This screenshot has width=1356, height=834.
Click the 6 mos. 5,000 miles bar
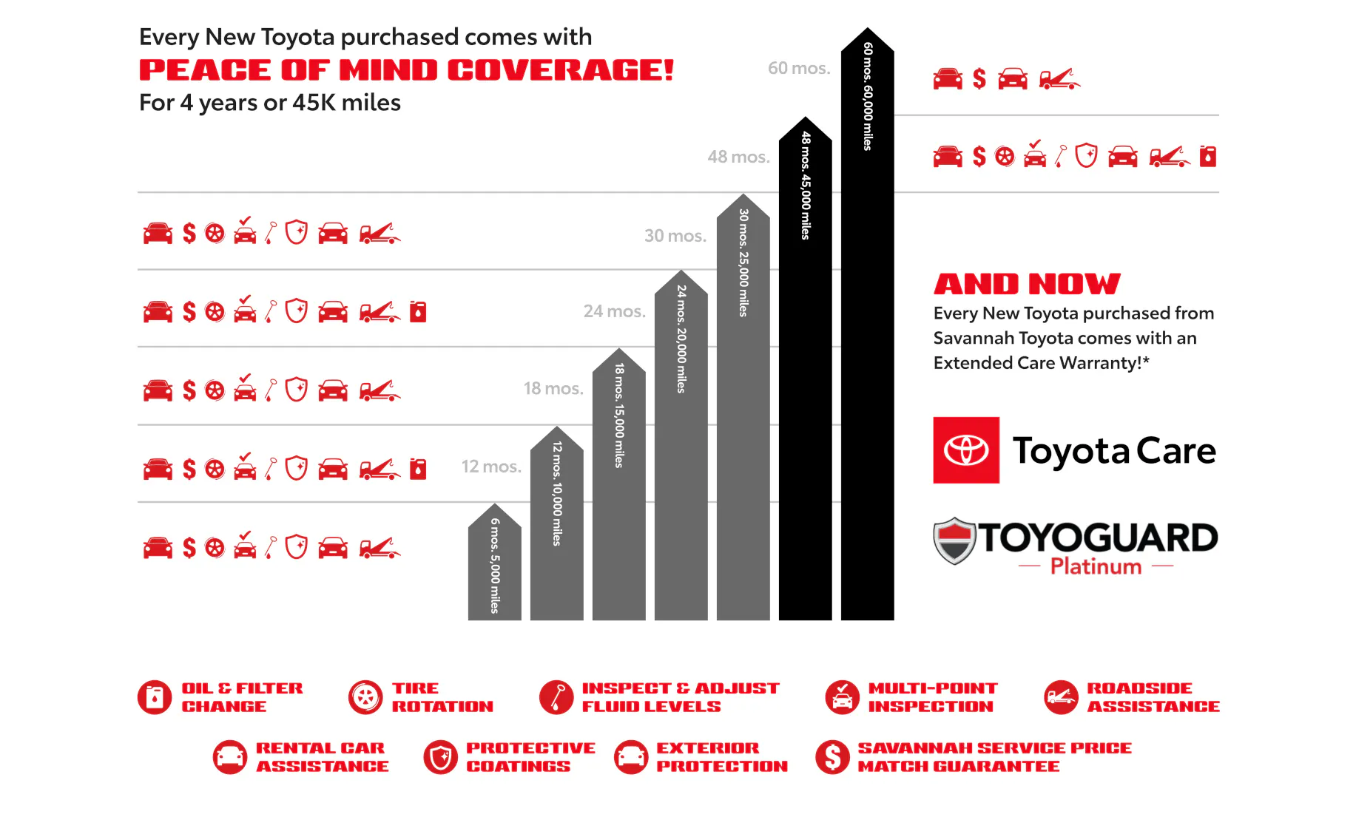pos(494,566)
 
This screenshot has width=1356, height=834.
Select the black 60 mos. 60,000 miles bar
pos(867,333)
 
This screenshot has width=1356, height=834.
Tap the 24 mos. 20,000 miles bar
pos(681,451)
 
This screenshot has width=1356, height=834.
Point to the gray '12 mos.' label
pos(491,467)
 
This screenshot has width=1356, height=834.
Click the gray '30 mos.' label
pos(675,236)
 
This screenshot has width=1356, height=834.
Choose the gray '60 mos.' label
pos(799,68)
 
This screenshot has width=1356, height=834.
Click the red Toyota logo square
pos(966,450)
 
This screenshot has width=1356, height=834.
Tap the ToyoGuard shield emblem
pos(955,540)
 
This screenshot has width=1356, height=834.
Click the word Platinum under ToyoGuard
pos(1096,566)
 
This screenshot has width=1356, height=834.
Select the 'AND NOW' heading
pos(1027,284)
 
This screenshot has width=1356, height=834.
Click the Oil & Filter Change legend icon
pos(155,697)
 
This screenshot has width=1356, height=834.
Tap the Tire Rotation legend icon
pos(365,697)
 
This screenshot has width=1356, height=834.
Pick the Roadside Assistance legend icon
pos(1061,697)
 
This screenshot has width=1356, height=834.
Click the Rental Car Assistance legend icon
pos(230,757)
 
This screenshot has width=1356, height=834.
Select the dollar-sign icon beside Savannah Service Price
pos(832,757)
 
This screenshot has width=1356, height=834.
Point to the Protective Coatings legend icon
pos(441,757)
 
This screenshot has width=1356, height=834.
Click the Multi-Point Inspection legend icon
pos(842,697)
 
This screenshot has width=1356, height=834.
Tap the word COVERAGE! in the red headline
pos(561,70)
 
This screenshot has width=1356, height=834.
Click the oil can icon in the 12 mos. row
pos(418,469)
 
